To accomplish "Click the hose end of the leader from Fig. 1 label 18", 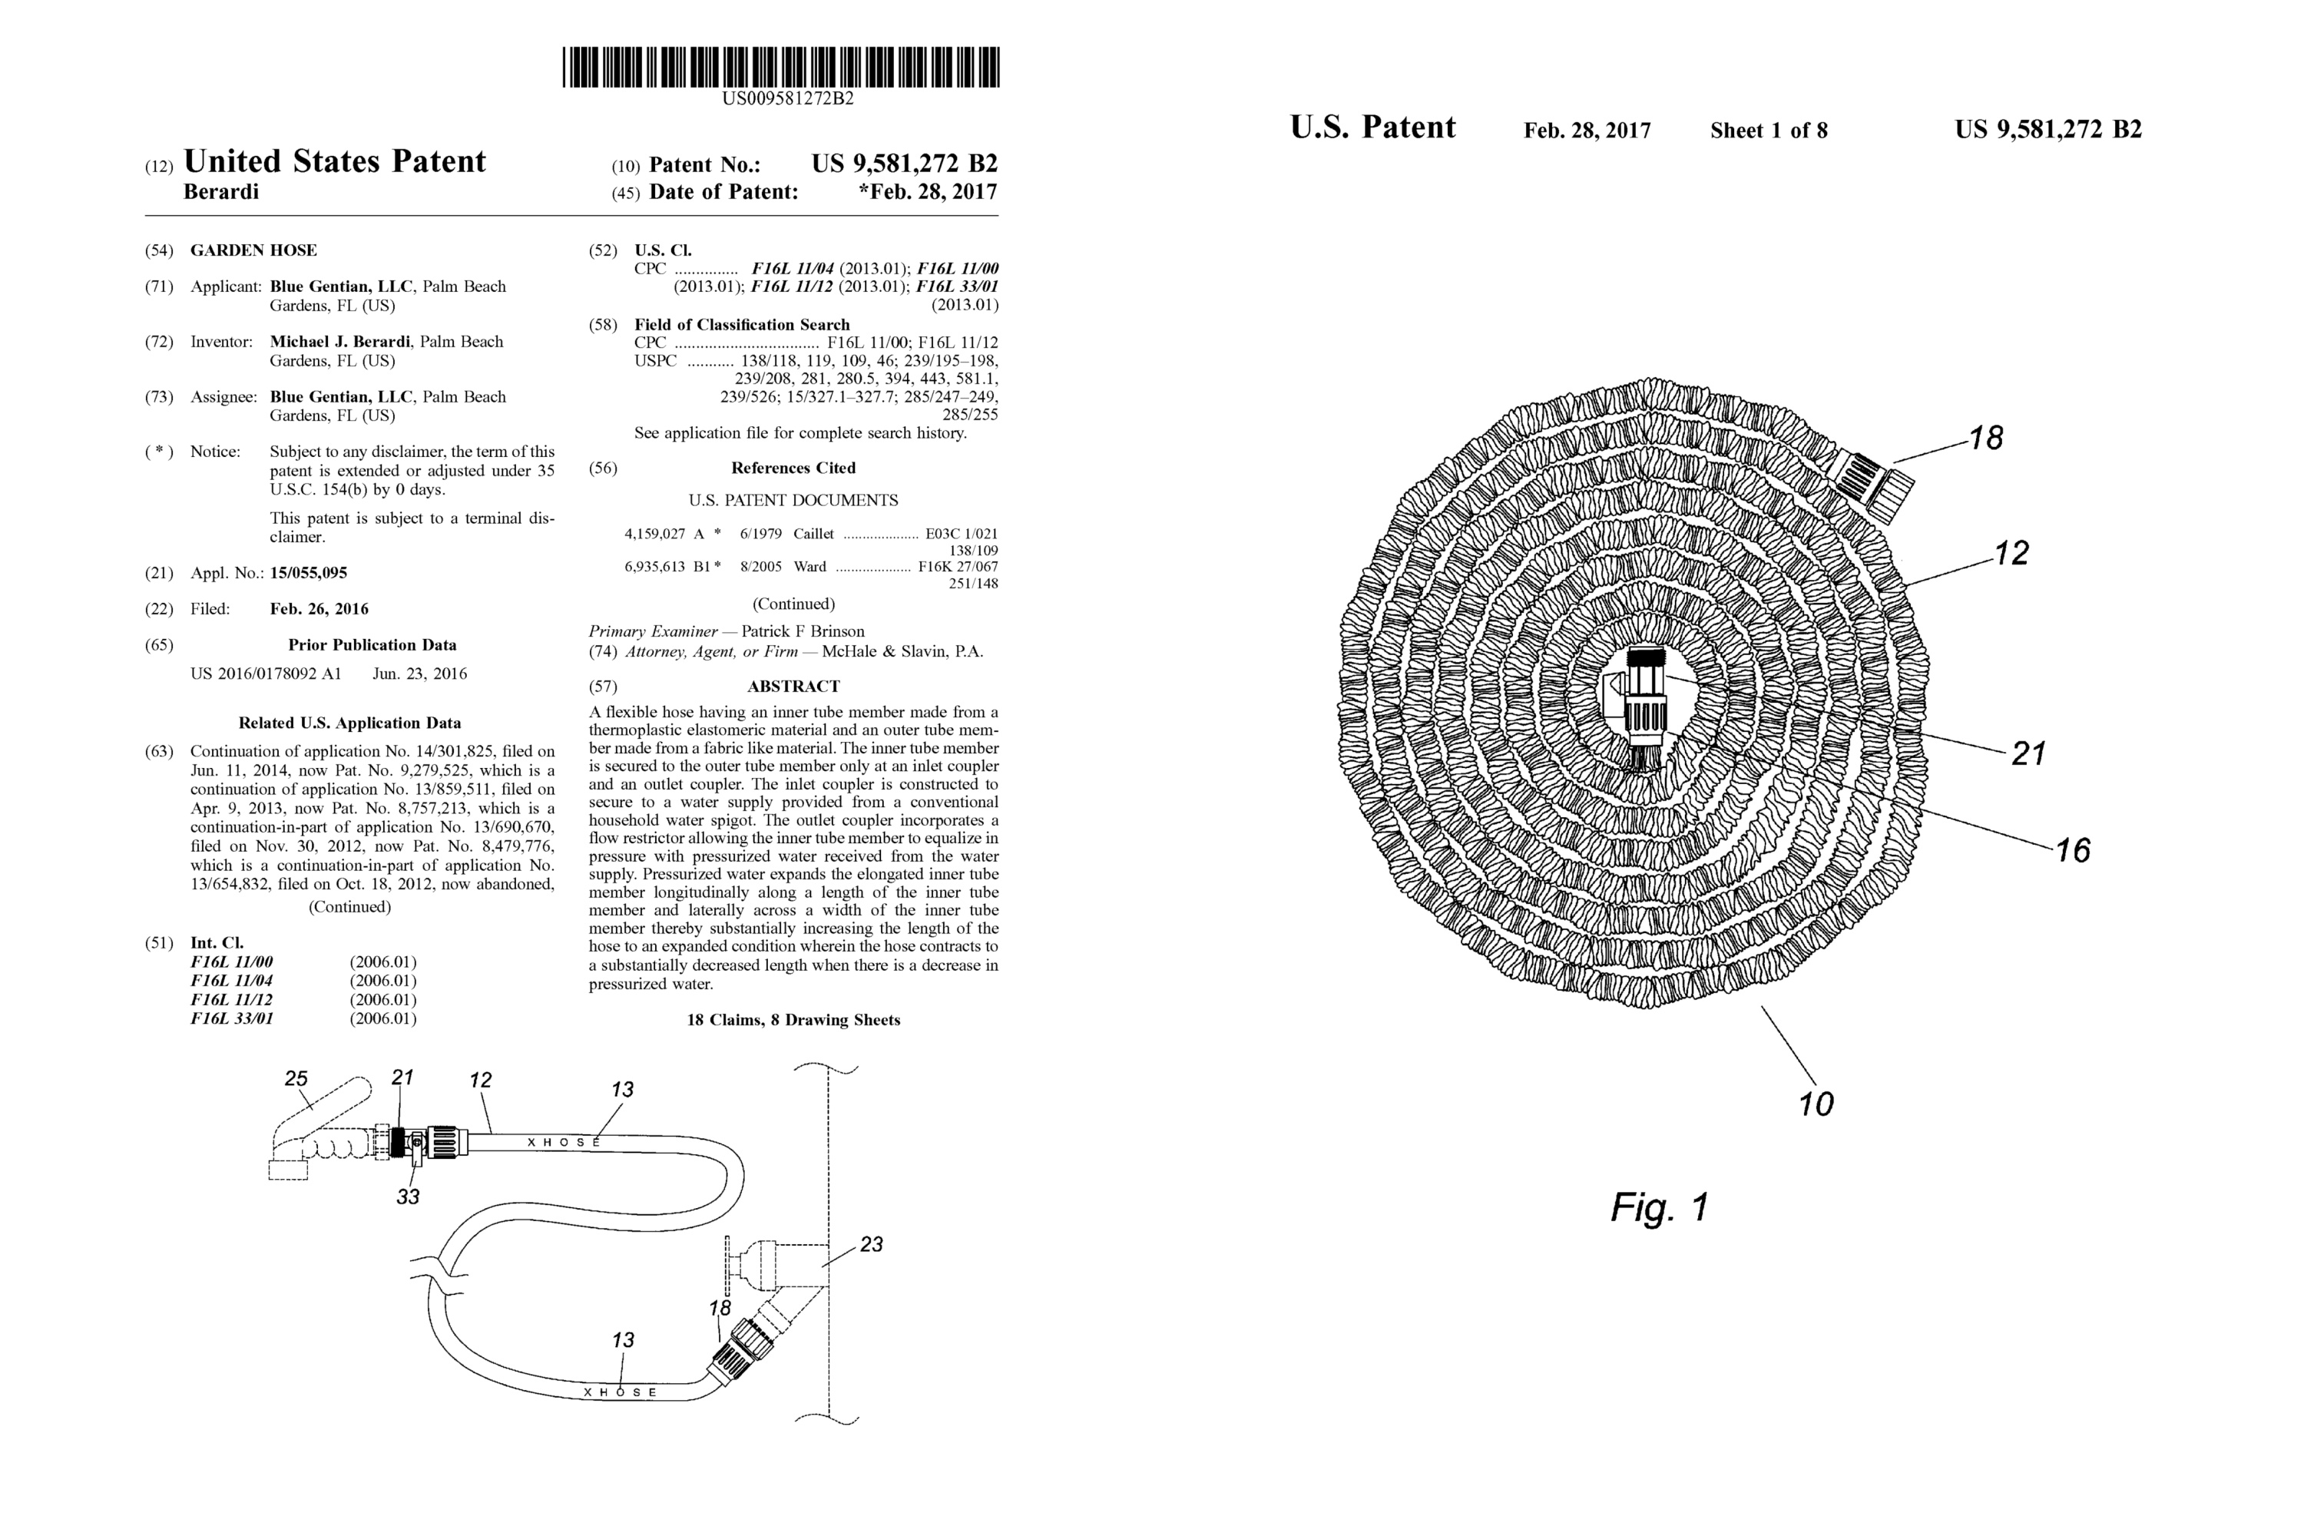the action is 1894,462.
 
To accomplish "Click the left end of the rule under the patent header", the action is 145,216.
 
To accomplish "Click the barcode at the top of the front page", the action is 781,67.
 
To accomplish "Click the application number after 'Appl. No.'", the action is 309,573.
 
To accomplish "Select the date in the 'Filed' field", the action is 319,609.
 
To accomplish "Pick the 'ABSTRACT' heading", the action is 793,687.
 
